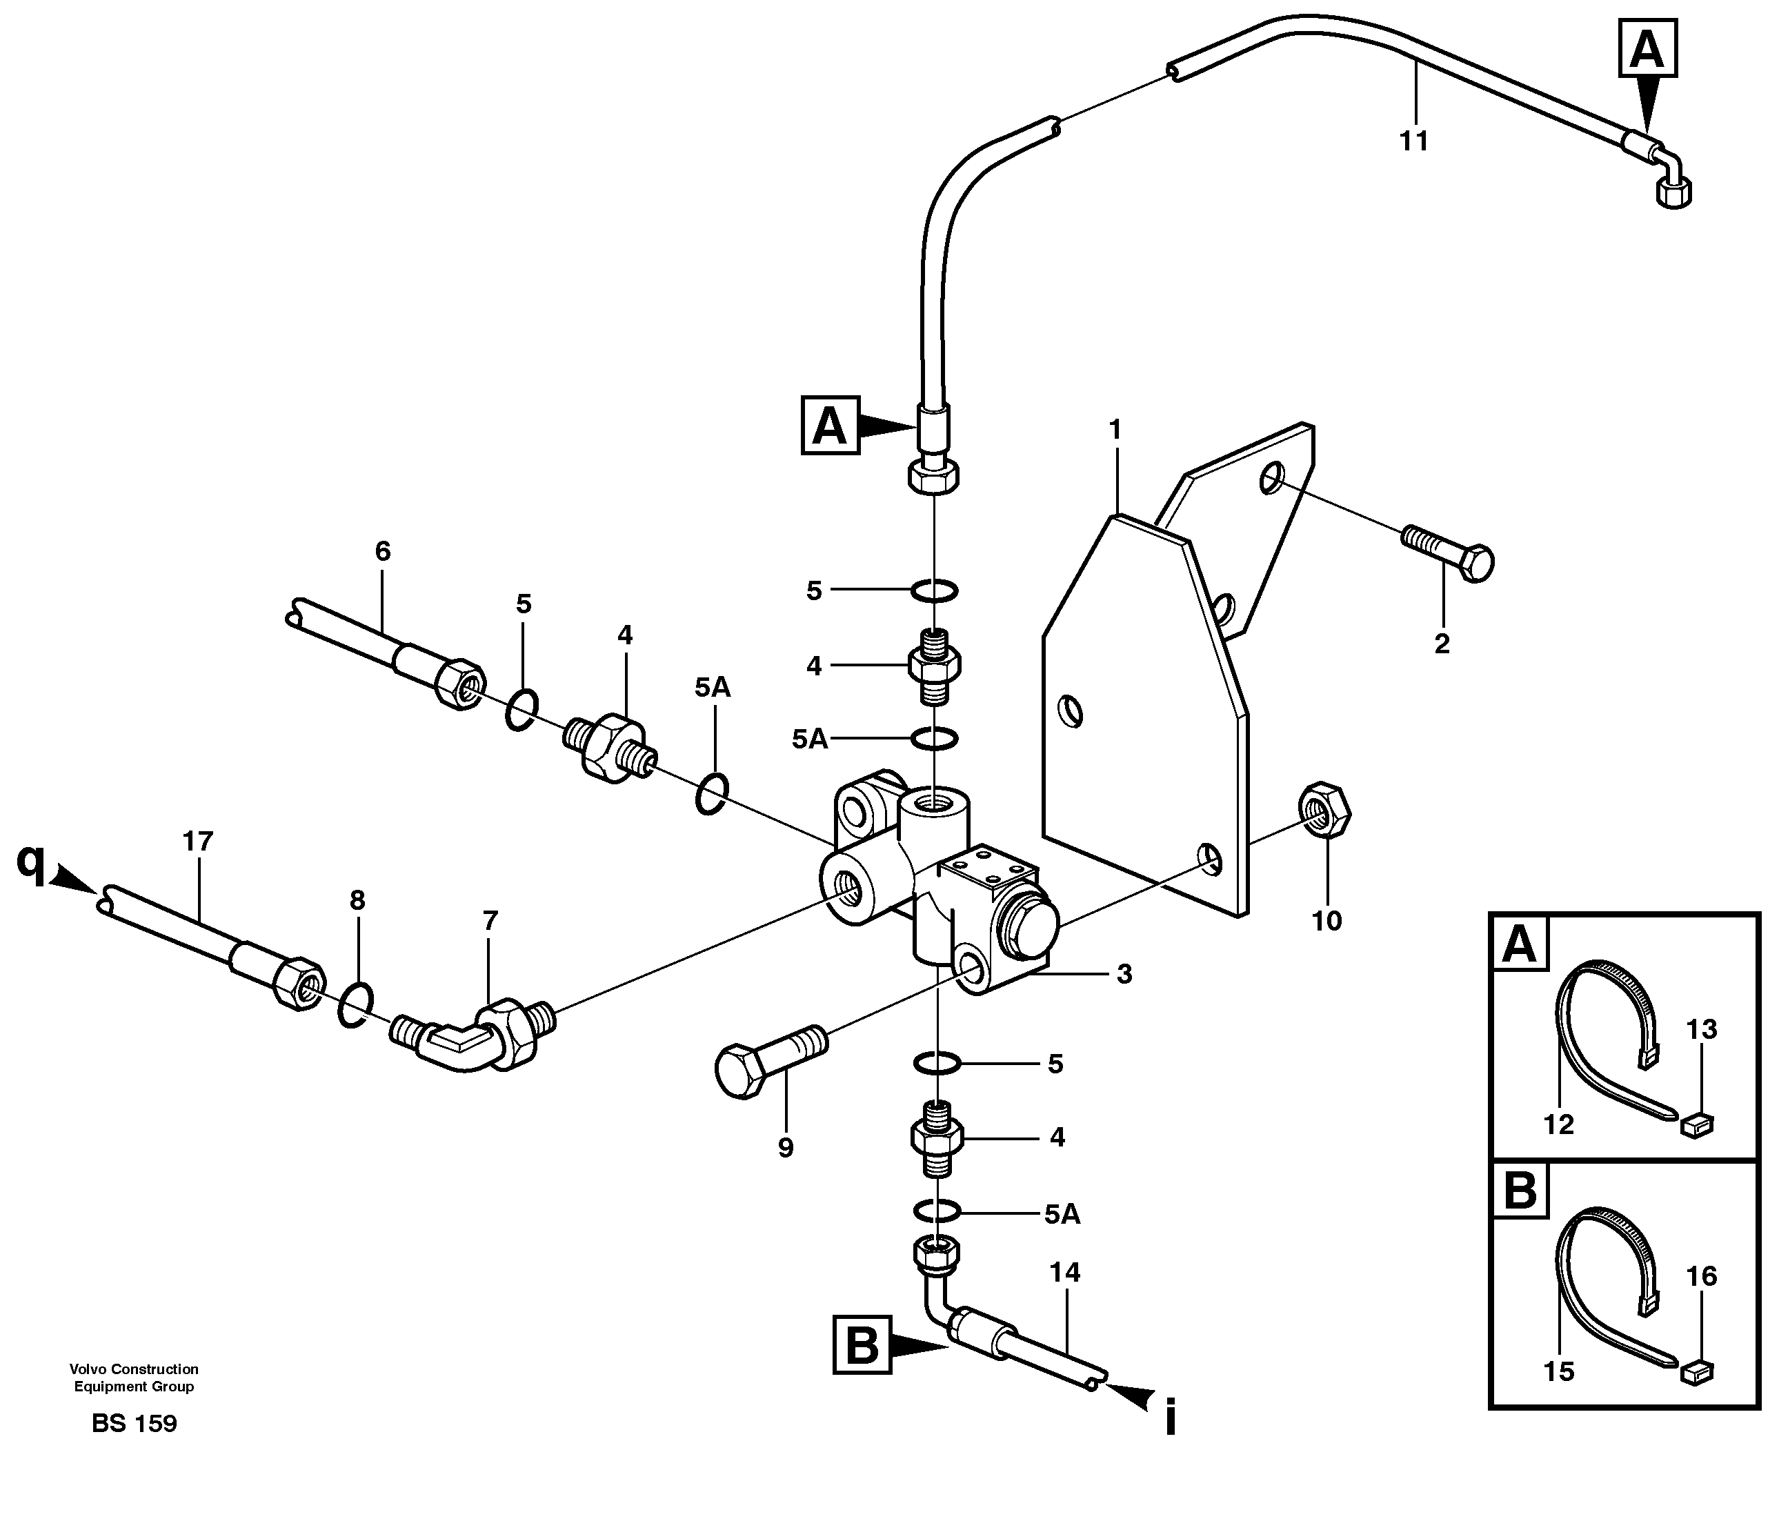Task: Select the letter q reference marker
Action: pos(31,861)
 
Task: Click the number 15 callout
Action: pos(1558,1371)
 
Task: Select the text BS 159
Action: pos(134,1424)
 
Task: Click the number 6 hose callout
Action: pos(383,551)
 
